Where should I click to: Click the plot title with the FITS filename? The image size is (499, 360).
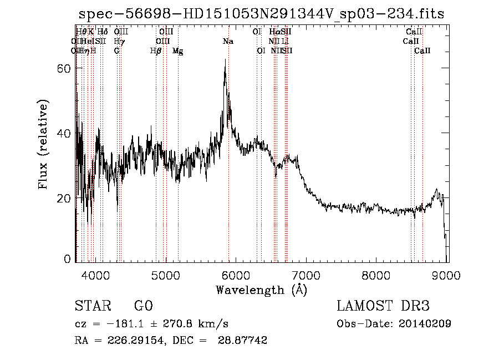click(x=262, y=13)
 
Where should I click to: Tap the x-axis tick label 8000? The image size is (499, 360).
click(x=377, y=275)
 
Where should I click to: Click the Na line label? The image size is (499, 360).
click(x=228, y=41)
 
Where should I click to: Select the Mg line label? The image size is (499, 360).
click(x=178, y=51)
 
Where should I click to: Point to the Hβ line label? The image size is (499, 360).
click(x=156, y=50)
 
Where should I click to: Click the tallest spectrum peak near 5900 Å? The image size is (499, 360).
click(x=225, y=60)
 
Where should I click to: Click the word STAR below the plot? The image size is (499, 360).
click(x=92, y=306)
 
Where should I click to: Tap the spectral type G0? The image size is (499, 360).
click(x=143, y=306)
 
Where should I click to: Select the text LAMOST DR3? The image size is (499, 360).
click(x=383, y=306)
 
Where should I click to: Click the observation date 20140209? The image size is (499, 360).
click(x=425, y=323)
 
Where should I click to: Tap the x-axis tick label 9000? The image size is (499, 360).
click(x=447, y=275)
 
